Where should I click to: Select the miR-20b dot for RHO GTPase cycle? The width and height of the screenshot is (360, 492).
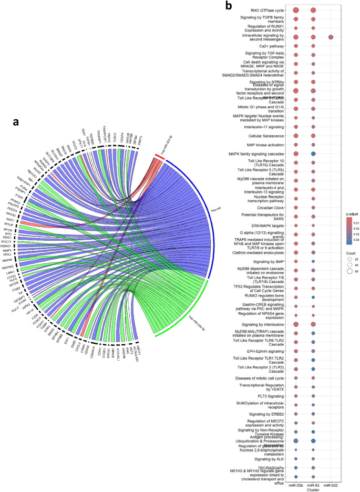[x=296, y=10]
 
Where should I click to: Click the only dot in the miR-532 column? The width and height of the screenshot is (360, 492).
[x=331, y=37]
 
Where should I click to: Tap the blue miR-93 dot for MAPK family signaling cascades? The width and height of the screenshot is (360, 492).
[x=313, y=153]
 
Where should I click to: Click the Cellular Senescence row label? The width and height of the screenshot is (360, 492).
[x=268, y=135]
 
